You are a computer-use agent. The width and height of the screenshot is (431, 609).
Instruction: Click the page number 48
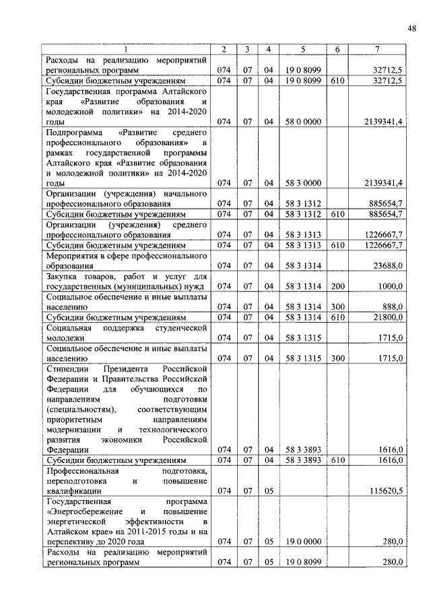[411, 28]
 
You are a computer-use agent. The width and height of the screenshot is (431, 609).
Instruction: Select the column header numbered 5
[302, 49]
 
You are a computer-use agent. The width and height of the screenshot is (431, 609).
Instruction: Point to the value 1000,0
[390, 286]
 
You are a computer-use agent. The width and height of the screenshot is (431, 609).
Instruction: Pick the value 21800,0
[388, 316]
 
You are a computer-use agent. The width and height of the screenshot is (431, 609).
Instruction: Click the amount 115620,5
[383, 491]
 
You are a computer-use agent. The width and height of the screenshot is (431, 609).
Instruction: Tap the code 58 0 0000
[302, 121]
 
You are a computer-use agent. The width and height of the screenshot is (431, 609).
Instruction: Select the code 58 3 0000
[302, 182]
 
